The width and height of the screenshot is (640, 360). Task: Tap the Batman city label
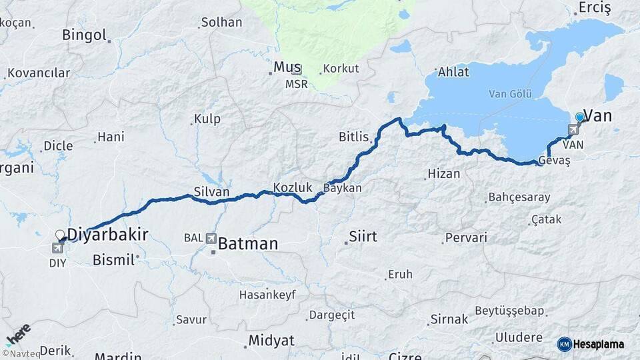247,243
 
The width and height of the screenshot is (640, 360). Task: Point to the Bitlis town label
353,137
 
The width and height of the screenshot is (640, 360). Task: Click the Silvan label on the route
211,192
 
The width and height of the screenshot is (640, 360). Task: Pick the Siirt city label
363,237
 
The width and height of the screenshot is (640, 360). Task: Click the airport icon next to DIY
57,249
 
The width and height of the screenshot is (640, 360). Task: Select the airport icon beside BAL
211,238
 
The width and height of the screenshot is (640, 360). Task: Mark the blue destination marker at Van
579,117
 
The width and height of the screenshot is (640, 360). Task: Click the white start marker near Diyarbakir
59,235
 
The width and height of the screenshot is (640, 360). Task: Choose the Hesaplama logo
591,344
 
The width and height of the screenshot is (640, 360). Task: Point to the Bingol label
84,35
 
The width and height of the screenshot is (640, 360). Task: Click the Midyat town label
271,340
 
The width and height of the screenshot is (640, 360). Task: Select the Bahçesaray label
519,197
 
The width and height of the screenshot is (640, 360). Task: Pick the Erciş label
595,8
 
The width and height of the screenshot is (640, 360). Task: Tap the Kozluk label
289,187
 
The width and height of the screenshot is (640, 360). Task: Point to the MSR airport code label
297,84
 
